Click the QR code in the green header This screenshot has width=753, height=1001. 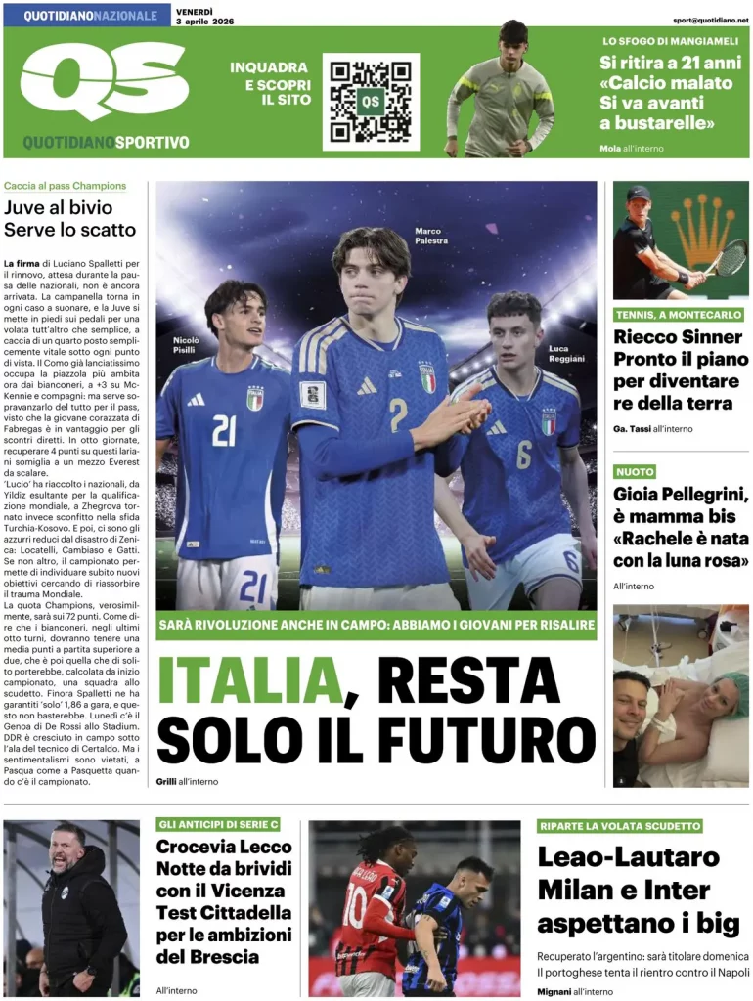click(x=371, y=102)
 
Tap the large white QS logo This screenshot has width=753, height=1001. click(x=104, y=82)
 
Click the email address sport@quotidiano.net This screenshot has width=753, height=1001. click(x=711, y=20)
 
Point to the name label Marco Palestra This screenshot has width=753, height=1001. click(x=431, y=236)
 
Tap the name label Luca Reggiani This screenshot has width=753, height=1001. click(x=566, y=353)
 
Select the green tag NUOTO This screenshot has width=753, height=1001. click(x=634, y=472)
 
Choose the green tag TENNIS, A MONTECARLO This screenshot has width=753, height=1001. click(x=679, y=315)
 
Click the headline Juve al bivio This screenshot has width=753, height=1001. click(x=59, y=207)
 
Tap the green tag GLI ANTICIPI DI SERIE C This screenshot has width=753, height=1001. click(x=224, y=824)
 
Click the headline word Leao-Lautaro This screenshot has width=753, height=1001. click(x=628, y=857)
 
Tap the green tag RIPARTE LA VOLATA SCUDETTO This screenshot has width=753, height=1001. click(x=620, y=826)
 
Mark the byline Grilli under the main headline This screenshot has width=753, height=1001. click(x=166, y=781)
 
